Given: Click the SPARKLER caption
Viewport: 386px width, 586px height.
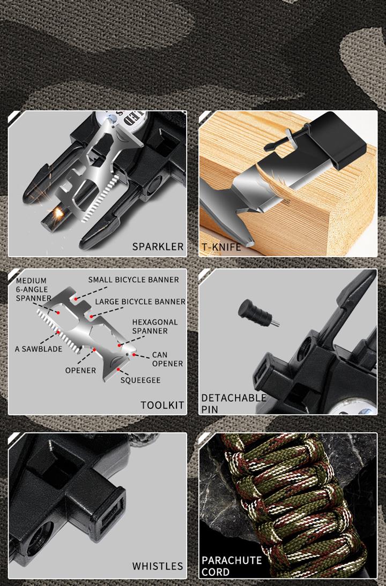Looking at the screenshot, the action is tap(158, 246).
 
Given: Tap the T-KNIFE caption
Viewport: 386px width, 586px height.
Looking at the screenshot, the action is tap(221, 246).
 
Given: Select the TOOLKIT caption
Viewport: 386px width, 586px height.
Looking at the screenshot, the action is tap(162, 405).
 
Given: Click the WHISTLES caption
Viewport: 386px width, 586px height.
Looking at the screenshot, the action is tap(158, 566).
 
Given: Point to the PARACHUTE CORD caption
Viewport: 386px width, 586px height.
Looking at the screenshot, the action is tap(232, 566).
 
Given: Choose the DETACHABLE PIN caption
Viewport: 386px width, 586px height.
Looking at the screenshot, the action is tap(234, 403).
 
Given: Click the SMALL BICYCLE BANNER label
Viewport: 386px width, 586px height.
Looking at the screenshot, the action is tap(133, 280).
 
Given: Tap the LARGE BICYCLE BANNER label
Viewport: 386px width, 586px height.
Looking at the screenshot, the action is tap(140, 302).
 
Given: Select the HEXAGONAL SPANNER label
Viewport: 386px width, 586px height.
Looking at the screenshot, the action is tap(155, 326).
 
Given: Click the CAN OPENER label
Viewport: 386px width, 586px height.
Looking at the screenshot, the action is tap(167, 359).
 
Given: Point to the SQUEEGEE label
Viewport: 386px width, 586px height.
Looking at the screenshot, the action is tap(140, 380).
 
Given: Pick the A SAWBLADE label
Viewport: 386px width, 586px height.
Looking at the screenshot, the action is tap(39, 349).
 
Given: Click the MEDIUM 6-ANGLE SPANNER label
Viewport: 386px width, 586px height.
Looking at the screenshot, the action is tap(33, 289).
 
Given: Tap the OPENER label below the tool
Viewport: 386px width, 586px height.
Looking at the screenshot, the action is tap(80, 370).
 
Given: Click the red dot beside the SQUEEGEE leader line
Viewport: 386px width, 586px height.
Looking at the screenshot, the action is tap(118, 369).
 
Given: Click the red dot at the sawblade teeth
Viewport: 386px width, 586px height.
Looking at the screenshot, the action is tap(58, 332).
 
